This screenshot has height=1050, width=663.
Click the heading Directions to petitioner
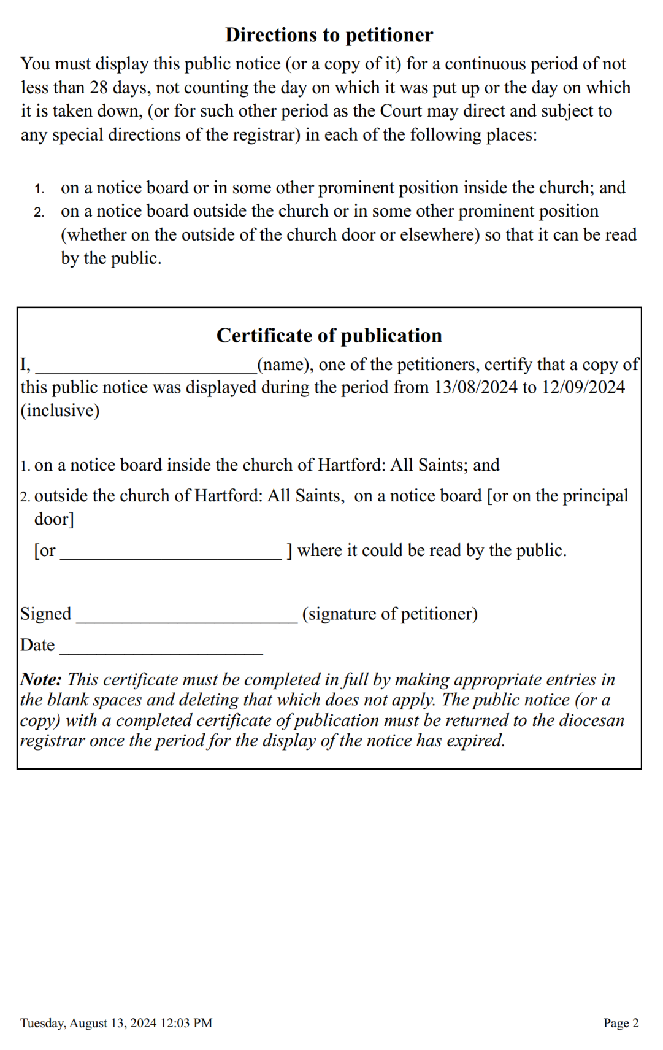pyautogui.click(x=329, y=35)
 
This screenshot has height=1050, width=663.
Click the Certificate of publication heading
pyautogui.click(x=329, y=336)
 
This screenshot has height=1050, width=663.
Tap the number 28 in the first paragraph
pyautogui.click(x=99, y=88)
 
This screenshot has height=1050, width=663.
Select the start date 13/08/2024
pyautogui.click(x=476, y=387)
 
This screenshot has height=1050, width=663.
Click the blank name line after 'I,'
pyautogui.click(x=146, y=367)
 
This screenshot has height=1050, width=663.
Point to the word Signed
pyautogui.click(x=46, y=614)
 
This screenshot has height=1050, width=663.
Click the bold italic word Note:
pyautogui.click(x=41, y=679)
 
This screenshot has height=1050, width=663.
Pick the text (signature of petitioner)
pyautogui.click(x=389, y=614)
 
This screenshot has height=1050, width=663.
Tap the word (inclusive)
pyautogui.click(x=60, y=411)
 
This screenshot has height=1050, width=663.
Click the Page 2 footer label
pyautogui.click(x=621, y=1023)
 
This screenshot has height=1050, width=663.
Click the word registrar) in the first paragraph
pyautogui.click(x=267, y=135)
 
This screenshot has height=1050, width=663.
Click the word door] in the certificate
pyautogui.click(x=54, y=519)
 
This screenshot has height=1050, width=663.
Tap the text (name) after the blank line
pyautogui.click(x=285, y=365)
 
